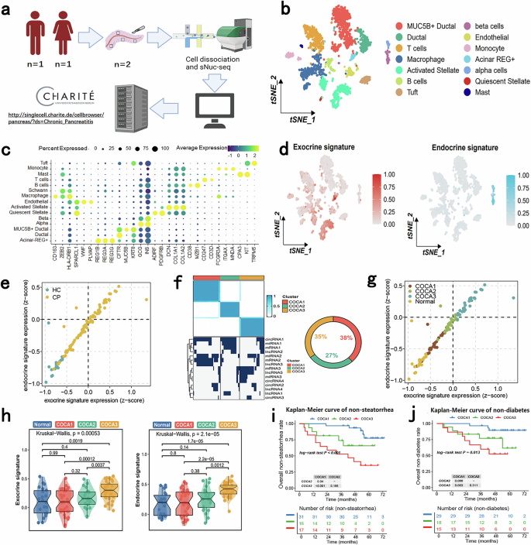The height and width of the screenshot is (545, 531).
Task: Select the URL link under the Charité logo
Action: [x=91, y=121]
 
